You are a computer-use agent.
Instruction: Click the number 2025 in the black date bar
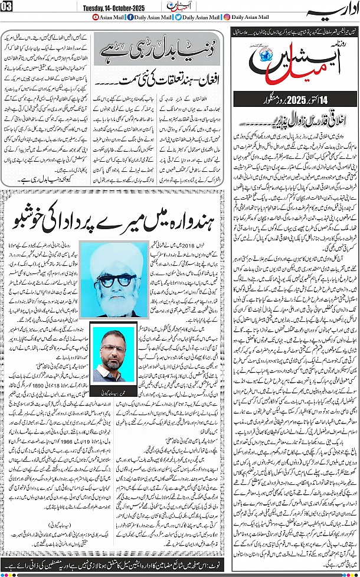pos(295,99)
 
